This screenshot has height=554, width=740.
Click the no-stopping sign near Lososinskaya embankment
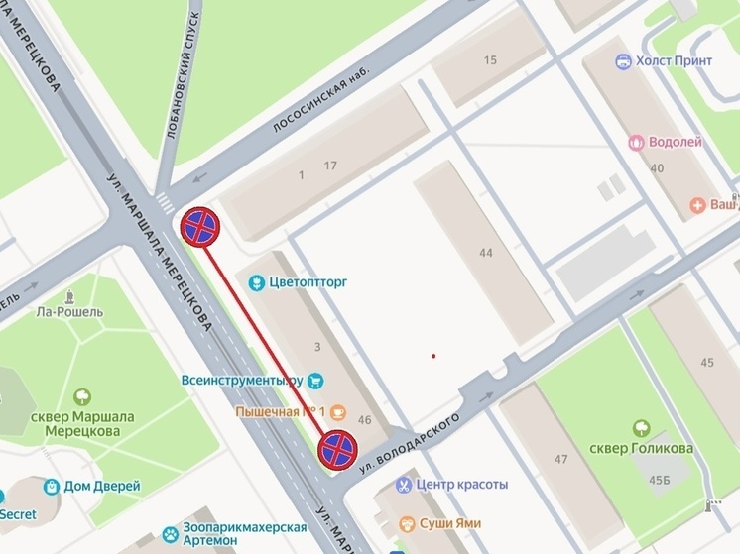(x=199, y=227)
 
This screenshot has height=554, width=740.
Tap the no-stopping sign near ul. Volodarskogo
(x=337, y=449)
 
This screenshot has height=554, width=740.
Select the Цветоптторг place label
(x=308, y=282)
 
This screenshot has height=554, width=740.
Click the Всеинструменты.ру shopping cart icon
(x=316, y=380)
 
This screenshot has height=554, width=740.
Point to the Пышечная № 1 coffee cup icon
(x=337, y=411)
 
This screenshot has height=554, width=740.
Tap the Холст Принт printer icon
(x=623, y=61)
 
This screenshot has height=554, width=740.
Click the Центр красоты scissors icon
(x=404, y=485)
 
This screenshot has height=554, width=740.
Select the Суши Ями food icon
(x=407, y=523)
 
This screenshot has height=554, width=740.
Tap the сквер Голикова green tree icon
(x=641, y=428)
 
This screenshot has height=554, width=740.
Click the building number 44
(x=485, y=254)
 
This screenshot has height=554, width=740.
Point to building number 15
(x=490, y=61)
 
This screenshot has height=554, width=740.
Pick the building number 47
(x=561, y=460)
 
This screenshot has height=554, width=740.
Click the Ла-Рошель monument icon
(x=69, y=297)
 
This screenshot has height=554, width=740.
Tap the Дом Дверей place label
(x=103, y=487)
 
